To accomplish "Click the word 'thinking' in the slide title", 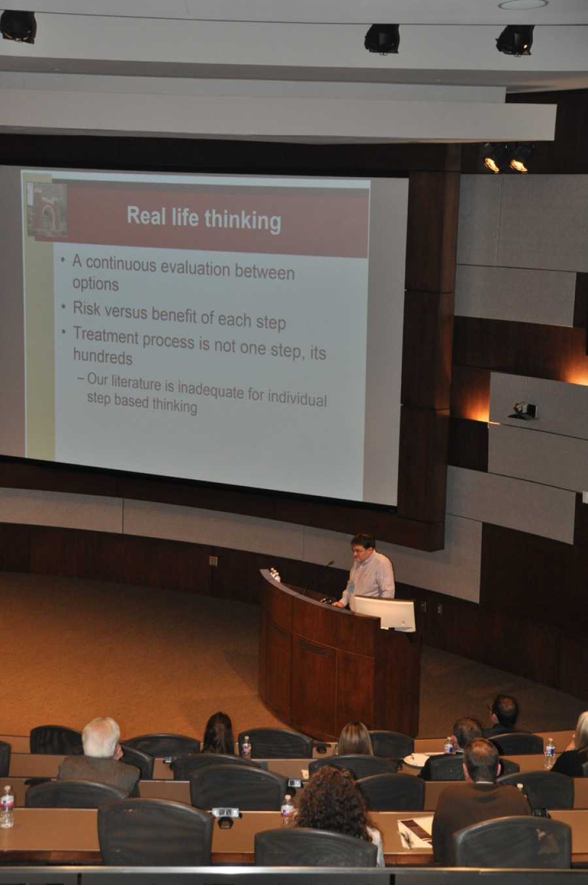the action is pyautogui.click(x=242, y=221).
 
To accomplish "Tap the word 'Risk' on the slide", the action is pyautogui.click(x=86, y=308).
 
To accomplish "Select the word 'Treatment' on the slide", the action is pyautogui.click(x=106, y=336).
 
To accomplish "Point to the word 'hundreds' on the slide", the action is pyautogui.click(x=103, y=357).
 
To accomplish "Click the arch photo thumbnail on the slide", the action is pyautogui.click(x=47, y=210).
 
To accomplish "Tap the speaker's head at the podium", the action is pyautogui.click(x=363, y=547).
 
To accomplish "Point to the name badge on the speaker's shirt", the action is pyautogui.click(x=351, y=588).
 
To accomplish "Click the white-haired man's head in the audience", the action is pyautogui.click(x=101, y=737).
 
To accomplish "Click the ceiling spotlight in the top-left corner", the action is pyautogui.click(x=18, y=26).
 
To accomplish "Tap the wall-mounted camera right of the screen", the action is pyautogui.click(x=523, y=411).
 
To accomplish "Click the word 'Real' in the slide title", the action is pyautogui.click(x=146, y=216).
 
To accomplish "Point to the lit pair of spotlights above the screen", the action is pyautogui.click(x=508, y=158).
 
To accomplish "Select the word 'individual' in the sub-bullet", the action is pyautogui.click(x=297, y=398).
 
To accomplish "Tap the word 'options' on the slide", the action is pyautogui.click(x=95, y=283).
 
